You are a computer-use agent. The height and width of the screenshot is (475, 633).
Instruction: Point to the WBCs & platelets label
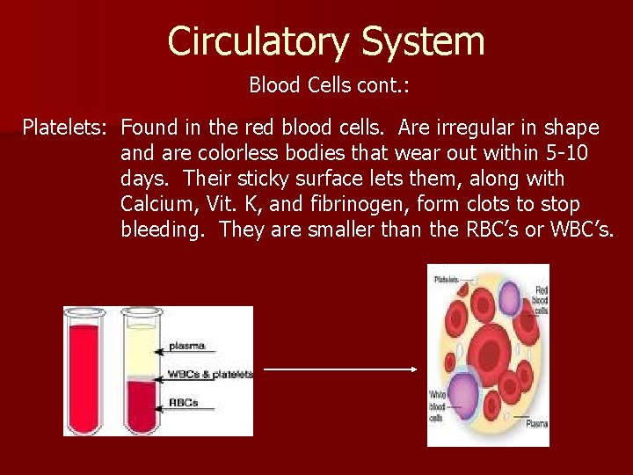210,374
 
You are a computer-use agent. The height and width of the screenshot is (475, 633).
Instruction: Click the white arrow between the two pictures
339,369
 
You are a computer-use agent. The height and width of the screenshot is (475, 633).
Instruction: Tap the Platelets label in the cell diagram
447,280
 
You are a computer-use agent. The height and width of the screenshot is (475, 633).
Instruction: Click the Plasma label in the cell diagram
536,424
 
